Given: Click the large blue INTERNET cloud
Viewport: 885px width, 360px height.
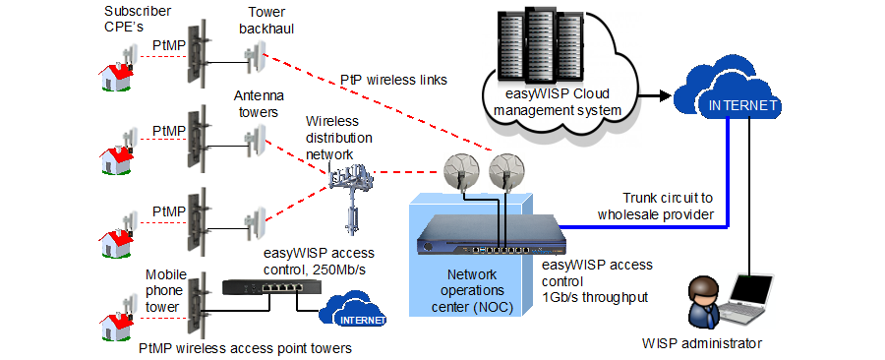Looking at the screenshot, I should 743,102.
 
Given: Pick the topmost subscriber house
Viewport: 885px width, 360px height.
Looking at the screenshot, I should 116,70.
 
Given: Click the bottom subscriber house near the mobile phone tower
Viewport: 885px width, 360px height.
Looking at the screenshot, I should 116,316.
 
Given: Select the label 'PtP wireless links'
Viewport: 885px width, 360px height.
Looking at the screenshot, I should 392,79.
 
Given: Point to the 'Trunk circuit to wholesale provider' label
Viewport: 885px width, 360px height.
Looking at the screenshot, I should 668,206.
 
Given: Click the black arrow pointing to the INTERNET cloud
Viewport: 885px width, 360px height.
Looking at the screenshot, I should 658,96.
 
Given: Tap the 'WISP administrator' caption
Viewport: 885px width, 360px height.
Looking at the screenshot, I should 703,343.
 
